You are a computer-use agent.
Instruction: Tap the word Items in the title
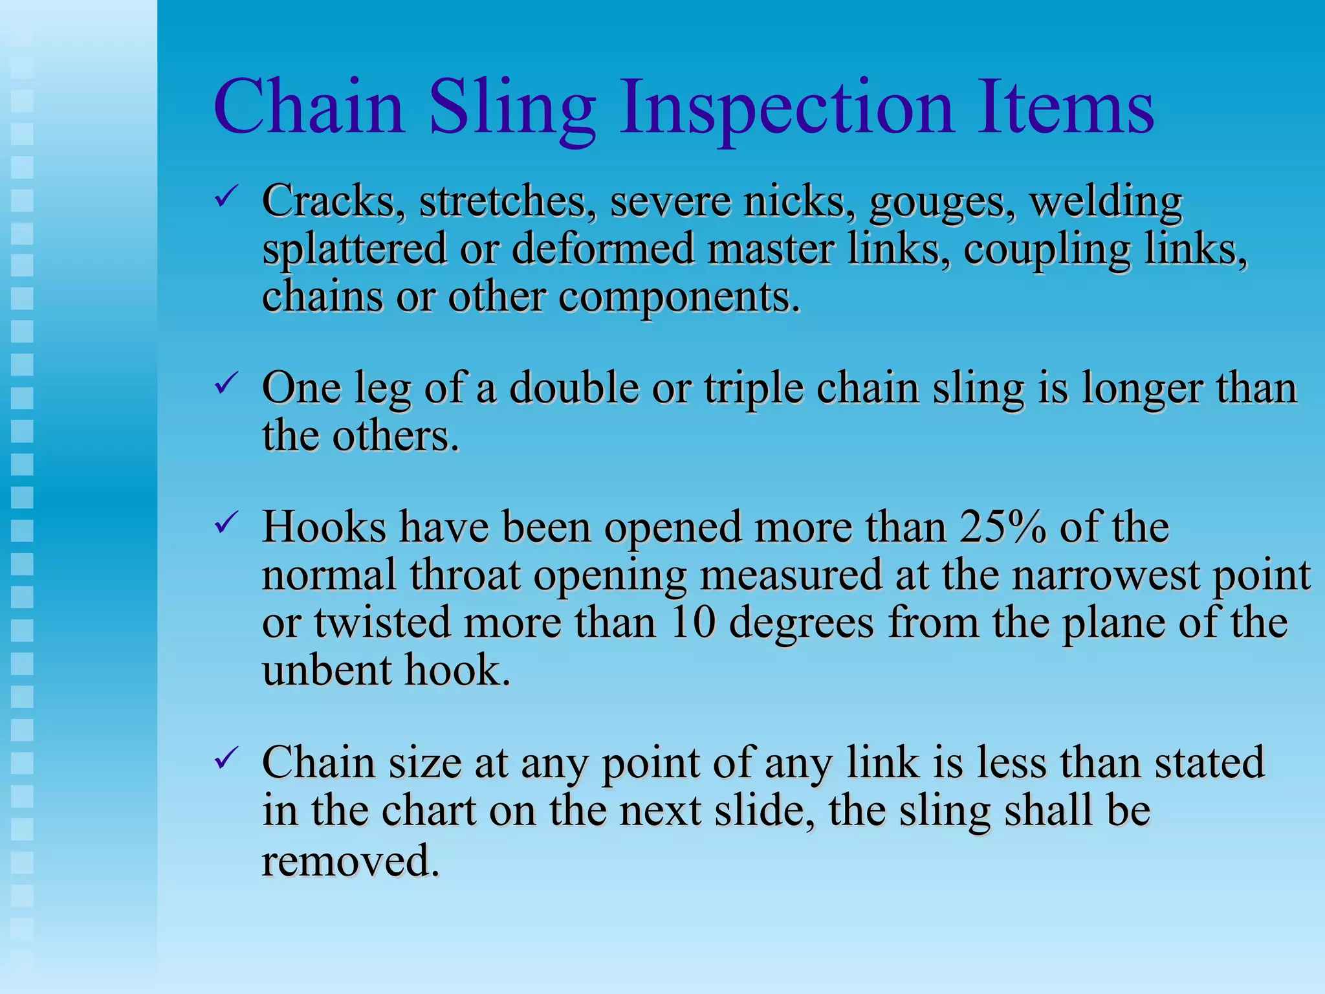point(1065,107)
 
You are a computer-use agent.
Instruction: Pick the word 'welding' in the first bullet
point(1106,201)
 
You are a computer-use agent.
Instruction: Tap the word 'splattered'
point(355,250)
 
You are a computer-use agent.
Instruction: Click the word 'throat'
point(465,575)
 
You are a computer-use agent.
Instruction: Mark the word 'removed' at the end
point(350,861)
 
